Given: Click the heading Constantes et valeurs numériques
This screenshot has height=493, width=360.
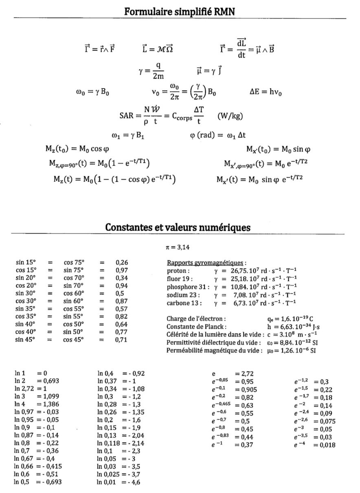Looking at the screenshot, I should [x=178, y=227].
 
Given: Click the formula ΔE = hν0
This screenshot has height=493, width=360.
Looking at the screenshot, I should [x=266, y=92].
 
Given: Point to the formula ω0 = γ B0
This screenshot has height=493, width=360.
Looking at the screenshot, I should [x=90, y=92].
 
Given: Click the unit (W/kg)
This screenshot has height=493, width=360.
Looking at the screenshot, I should [x=230, y=116].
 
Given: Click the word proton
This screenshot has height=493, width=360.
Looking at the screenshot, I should [x=178, y=271].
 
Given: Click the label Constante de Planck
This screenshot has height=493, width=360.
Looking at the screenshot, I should [x=196, y=326].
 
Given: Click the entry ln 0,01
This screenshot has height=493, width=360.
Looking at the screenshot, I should [x=107, y=482].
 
